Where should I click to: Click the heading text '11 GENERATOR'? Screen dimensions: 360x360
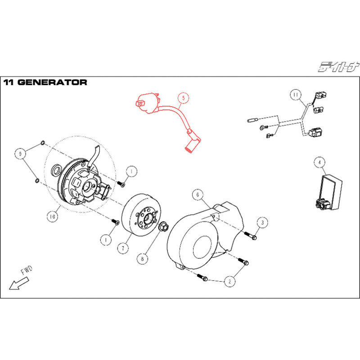point(45,82)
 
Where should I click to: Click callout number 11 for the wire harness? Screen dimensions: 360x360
point(295,95)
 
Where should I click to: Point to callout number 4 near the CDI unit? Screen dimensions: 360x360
point(319,162)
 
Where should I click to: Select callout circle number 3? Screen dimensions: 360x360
point(263,222)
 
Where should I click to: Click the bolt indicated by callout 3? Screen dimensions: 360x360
point(251,235)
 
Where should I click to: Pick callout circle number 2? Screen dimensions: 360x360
point(230,282)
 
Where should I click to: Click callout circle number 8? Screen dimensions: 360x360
point(142,259)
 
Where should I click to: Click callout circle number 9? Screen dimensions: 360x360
point(19,154)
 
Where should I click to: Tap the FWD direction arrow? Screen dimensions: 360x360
point(19,283)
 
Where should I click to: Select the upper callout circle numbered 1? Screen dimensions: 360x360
point(130,171)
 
